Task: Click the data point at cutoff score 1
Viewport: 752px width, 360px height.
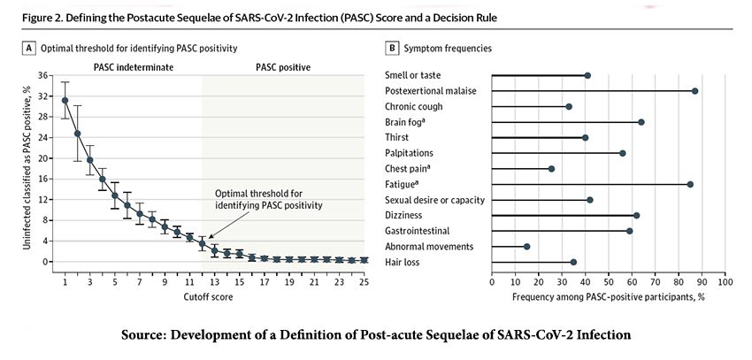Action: [65, 101]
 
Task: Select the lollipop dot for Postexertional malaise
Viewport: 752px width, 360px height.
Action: [695, 91]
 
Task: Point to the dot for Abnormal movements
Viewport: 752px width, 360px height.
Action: [527, 247]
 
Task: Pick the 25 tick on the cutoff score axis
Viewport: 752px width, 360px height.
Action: [364, 282]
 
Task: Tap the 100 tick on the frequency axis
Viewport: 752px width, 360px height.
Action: [725, 282]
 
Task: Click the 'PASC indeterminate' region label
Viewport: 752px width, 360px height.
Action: [134, 67]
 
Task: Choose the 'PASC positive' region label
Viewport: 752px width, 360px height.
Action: [283, 67]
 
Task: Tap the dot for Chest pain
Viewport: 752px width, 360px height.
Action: [551, 169]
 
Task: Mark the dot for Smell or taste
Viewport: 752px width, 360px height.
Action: [587, 76]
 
